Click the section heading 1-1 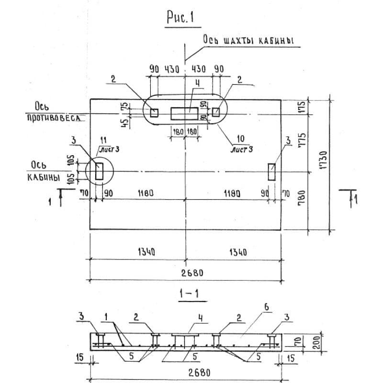(x=190, y=295)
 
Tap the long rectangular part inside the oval (x=184, y=113)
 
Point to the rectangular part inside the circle (x=99, y=171)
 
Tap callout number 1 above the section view (x=106, y=316)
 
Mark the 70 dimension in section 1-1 (x=296, y=341)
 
